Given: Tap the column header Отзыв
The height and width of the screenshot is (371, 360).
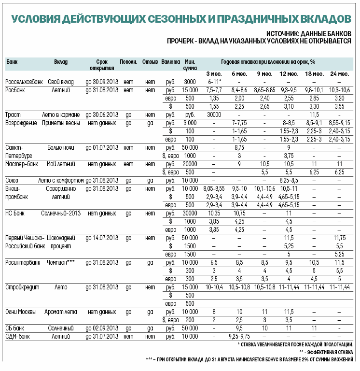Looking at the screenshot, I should coord(150,62).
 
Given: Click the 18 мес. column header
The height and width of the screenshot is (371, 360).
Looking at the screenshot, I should coord(315,73).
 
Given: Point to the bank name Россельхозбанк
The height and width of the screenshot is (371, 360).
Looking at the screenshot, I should coord(24,82).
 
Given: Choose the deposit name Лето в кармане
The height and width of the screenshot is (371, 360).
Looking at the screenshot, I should coord(63,114).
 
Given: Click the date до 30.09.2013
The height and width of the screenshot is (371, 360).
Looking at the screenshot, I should coord(102,82).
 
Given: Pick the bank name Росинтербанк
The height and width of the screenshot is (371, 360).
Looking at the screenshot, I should coord(23,262).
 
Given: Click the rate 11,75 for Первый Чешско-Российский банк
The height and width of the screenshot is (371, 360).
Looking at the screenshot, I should coord(339,238).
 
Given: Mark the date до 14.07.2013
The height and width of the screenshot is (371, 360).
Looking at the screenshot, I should coord(102,238).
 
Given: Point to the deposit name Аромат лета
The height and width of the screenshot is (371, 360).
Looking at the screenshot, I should coord(61,312).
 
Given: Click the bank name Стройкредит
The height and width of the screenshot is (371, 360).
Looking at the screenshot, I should coord(22,287).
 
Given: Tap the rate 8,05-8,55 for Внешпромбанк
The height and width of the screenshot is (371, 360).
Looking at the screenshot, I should coord(214,188).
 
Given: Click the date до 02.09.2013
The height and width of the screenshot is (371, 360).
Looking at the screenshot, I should coord(102,328).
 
